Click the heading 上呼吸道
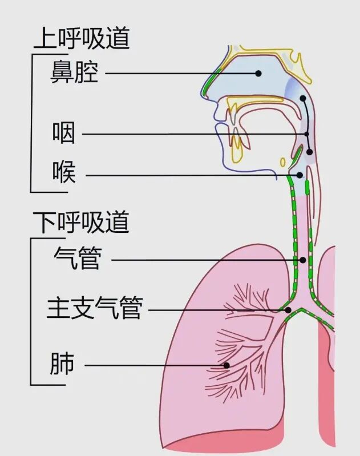[82, 38]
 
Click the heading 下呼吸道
[81, 222]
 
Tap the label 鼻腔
[74, 72]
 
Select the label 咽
[64, 133]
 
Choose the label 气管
[78, 258]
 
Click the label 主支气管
[95, 308]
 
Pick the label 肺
[62, 363]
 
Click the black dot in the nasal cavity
[258, 73]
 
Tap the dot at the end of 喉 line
[300, 175]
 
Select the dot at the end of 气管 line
[303, 260]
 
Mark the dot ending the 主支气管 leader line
[288, 310]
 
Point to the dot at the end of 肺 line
[226, 365]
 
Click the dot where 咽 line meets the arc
[306, 134]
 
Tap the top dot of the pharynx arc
[303, 98]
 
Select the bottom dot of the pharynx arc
[309, 152]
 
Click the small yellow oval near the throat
[282, 162]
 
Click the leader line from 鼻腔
[181, 73]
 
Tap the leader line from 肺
[156, 365]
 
